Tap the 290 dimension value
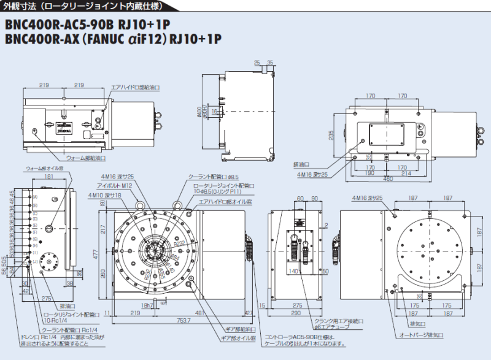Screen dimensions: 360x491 pos(296,313)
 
